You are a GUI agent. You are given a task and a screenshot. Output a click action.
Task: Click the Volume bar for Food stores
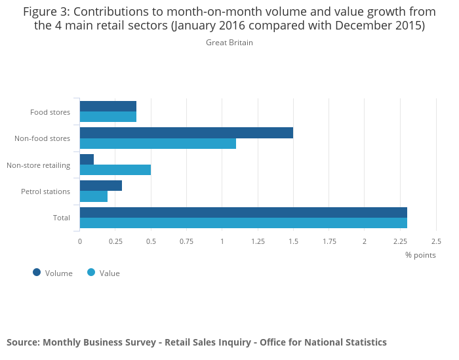coord(108,106)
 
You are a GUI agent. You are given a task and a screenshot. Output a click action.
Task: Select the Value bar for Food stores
coord(108,117)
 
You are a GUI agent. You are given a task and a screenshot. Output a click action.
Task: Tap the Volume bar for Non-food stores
coord(186,132)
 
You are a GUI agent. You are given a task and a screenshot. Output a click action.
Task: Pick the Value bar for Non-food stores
coord(158,144)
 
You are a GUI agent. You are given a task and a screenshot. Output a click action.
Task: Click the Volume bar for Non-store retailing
coord(87,159)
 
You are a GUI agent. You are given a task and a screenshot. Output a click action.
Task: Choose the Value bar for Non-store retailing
coord(115,170)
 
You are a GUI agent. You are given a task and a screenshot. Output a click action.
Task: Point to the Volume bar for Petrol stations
coord(101,186)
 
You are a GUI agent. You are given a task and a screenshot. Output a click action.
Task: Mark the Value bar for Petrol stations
coord(94,196)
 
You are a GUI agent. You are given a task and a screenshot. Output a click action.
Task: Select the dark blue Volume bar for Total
coord(243,212)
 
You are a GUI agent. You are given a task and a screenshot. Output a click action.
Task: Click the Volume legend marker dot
coord(37,272)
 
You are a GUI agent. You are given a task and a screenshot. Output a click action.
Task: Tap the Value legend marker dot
coord(91,272)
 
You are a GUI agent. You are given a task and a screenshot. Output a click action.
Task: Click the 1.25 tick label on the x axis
coord(258,241)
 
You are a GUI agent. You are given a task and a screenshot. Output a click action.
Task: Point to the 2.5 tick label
coord(435,241)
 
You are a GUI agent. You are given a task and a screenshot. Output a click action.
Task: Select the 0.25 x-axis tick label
coord(115,241)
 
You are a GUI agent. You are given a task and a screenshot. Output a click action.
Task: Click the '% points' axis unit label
coord(420,255)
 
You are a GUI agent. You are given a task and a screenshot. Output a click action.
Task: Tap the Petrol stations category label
coord(46,191)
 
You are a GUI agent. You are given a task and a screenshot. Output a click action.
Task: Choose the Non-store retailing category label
coord(38,165)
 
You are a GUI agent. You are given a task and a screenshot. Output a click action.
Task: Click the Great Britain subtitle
coord(229,43)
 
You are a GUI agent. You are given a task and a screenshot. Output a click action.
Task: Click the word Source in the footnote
coord(22,342)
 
